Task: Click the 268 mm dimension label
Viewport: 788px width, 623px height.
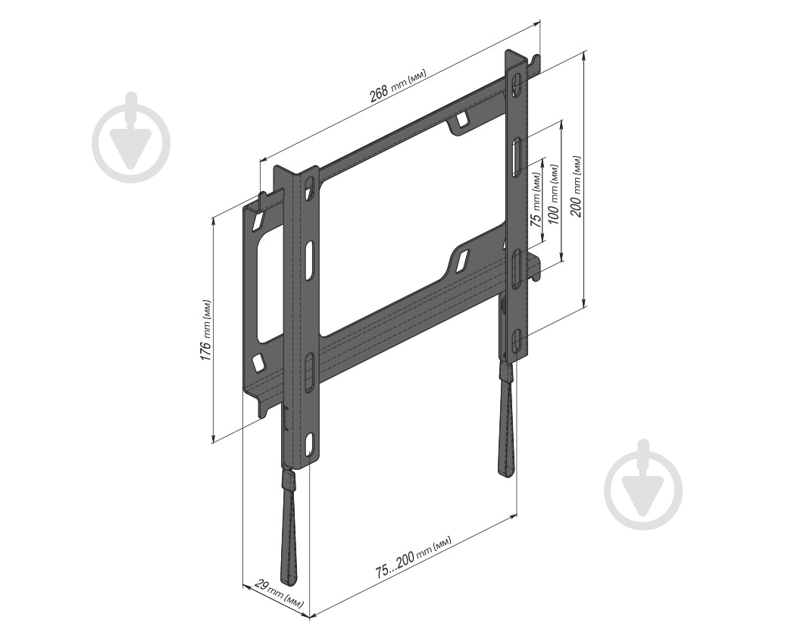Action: pyautogui.click(x=398, y=85)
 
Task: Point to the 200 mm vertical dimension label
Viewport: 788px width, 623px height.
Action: pyautogui.click(x=577, y=186)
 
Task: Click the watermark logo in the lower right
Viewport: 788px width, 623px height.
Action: pyautogui.click(x=643, y=484)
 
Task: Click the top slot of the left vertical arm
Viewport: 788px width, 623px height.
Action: pyautogui.click(x=309, y=186)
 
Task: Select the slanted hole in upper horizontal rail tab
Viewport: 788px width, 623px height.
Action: pyautogui.click(x=461, y=120)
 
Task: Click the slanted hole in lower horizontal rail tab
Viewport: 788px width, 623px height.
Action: pyautogui.click(x=460, y=260)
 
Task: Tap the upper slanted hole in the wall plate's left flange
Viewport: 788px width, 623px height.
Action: pyautogui.click(x=258, y=221)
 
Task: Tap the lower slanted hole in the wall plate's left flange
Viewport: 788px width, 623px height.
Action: pyautogui.click(x=258, y=362)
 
